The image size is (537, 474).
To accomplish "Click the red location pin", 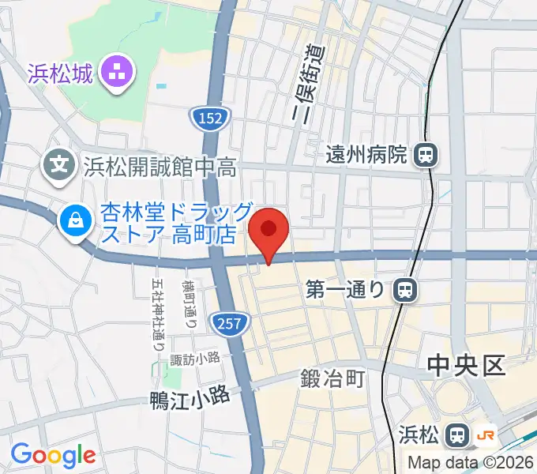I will point(268,231).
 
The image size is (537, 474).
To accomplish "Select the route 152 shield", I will point(210,118).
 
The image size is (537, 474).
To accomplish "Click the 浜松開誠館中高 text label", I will point(160,166).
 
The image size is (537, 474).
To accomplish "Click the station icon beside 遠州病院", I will point(425,154).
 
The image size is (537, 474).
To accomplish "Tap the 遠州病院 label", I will point(366,154).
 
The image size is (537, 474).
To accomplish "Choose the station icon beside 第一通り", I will point(404,290).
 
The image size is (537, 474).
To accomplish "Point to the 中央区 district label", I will point(465,366).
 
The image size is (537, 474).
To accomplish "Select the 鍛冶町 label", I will point(332,379).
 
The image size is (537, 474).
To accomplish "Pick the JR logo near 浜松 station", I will point(486,434).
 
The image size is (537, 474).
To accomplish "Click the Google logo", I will point(53,454).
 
